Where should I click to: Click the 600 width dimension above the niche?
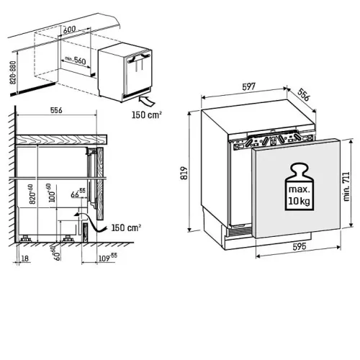point(70,30)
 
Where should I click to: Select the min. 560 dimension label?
point(76,60)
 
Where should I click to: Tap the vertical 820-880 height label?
point(13,73)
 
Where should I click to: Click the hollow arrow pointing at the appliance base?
point(147,101)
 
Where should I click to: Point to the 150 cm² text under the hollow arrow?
point(146,115)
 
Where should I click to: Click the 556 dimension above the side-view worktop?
point(56,110)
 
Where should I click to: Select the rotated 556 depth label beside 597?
point(304,94)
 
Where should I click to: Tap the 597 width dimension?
point(249,86)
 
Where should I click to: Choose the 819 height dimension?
point(184,173)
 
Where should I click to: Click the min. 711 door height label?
point(346,186)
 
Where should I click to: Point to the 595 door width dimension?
point(300,246)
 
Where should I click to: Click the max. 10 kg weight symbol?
point(300,187)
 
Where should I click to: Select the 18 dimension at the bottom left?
point(25,258)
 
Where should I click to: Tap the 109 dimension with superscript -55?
point(108,258)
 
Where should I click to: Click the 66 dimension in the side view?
point(78,193)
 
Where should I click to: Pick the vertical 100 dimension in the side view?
point(51,193)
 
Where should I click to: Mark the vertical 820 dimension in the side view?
point(32,194)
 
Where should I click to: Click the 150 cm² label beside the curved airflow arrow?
point(126,228)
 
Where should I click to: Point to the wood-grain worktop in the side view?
point(61,140)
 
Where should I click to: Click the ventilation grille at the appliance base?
point(239,231)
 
